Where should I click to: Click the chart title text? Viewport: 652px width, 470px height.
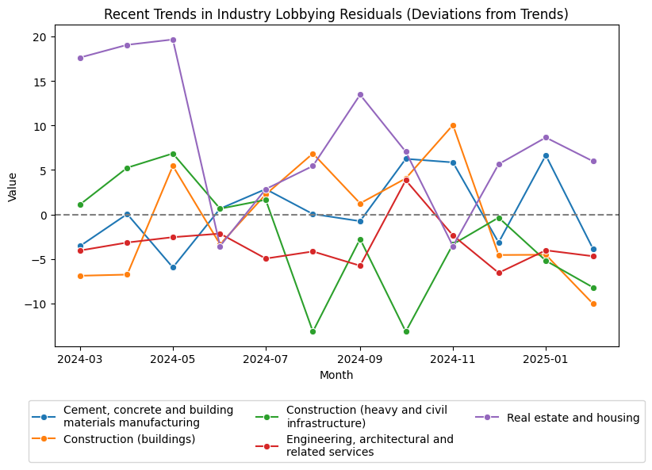(336, 14)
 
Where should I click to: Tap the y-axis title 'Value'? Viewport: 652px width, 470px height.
(12, 186)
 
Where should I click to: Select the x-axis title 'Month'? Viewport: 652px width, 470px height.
(336, 375)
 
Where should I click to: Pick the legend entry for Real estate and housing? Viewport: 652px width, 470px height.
(572, 418)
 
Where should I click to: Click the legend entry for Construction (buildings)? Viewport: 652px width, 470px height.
(129, 439)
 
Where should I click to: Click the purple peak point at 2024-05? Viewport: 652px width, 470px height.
(173, 40)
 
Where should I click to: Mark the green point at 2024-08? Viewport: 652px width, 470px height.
(313, 331)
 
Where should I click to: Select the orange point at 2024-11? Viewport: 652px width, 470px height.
(453, 125)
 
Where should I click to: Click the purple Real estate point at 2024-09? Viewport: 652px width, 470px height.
(360, 94)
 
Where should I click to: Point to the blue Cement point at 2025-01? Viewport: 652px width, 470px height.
(546, 155)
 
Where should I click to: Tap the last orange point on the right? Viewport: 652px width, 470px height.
(593, 304)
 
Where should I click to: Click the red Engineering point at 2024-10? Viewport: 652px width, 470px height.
(406, 180)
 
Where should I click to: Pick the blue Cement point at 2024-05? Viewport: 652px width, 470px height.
(173, 267)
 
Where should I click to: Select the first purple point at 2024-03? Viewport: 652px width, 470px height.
(80, 58)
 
